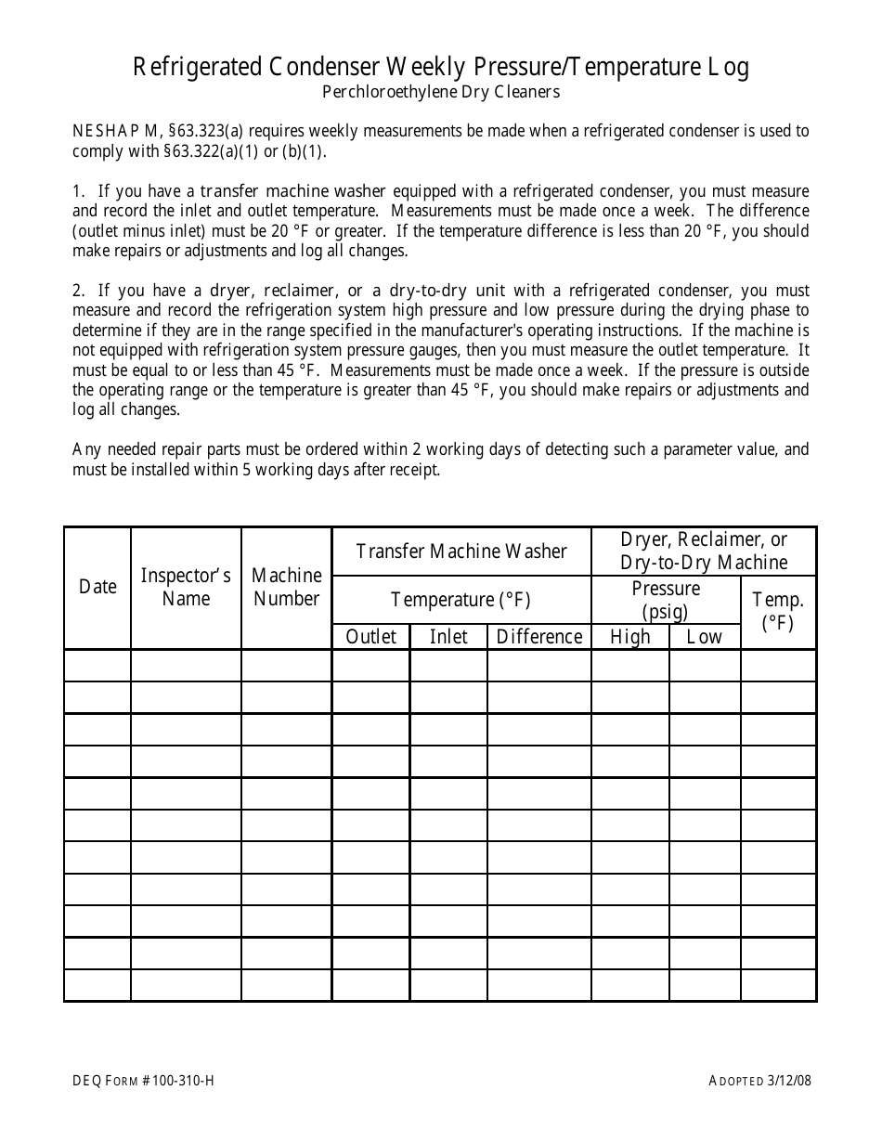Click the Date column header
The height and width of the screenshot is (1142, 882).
pyautogui.click(x=97, y=587)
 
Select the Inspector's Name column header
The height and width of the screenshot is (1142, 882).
pyautogui.click(x=186, y=587)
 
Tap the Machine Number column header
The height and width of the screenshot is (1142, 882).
pyautogui.click(x=286, y=587)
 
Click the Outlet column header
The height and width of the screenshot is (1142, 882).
pyautogui.click(x=370, y=637)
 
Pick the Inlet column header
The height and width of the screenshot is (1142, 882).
pyautogui.click(x=448, y=637)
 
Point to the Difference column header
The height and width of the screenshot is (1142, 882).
pyautogui.click(x=539, y=637)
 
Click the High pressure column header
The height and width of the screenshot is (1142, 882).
pyautogui.click(x=629, y=637)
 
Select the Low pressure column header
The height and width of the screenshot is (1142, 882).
pyautogui.click(x=704, y=637)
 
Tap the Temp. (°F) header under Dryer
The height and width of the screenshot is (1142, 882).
pyautogui.click(x=778, y=611)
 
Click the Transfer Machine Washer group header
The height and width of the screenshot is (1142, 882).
pyautogui.click(x=461, y=552)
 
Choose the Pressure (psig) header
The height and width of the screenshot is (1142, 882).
pyautogui.click(x=666, y=600)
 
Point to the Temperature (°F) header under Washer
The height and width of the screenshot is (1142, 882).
pyautogui.click(x=461, y=600)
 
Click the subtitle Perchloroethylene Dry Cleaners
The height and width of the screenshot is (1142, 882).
pyautogui.click(x=441, y=92)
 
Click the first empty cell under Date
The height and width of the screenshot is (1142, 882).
pyautogui.click(x=97, y=666)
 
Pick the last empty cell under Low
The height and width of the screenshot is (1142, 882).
pyautogui.click(x=704, y=985)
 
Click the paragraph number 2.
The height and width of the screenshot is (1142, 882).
pyautogui.click(x=77, y=291)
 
